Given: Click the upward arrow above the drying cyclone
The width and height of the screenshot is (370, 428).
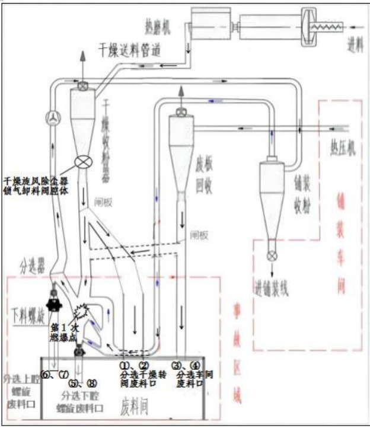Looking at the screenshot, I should pyautogui.click(x=82, y=58).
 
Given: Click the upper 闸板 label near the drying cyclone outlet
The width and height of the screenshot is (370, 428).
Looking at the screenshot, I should pyautogui.click(x=117, y=200).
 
